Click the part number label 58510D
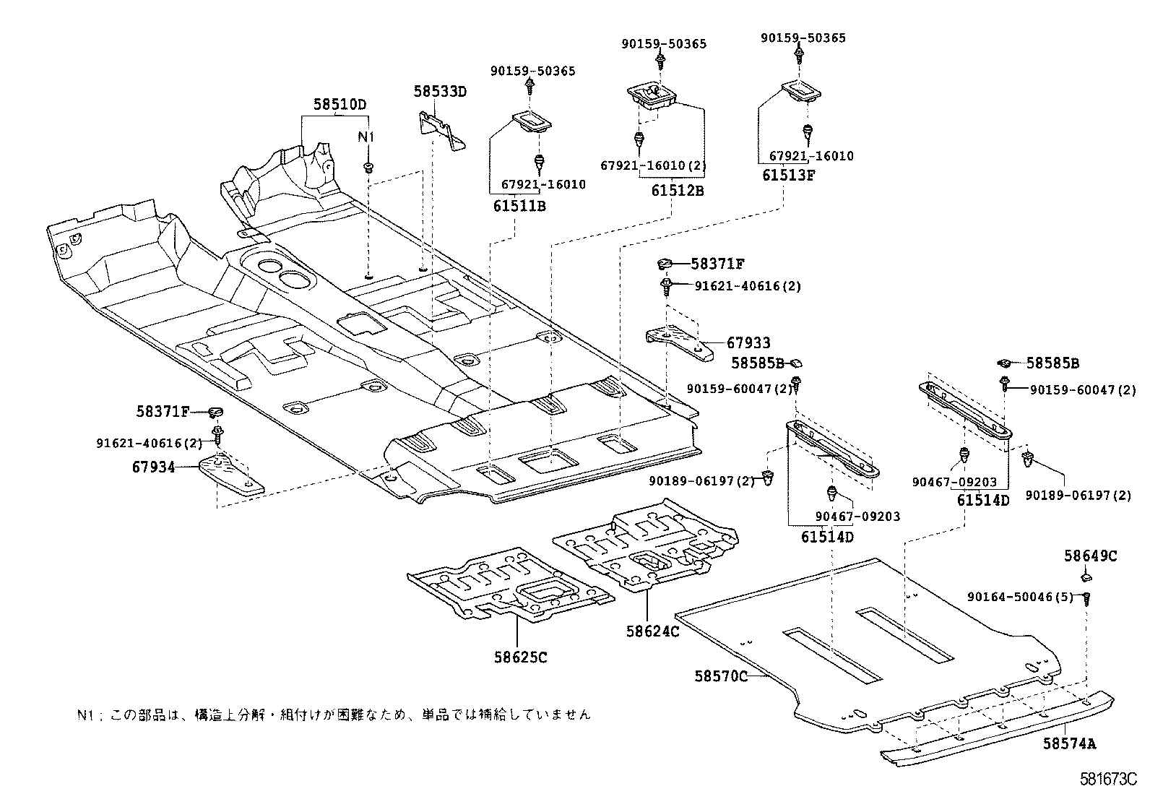pos(339,105)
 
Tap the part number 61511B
pos(519,206)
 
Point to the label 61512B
pos(677,191)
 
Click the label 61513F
pos(788,174)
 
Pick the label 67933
pos(748,343)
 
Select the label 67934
pos(153,467)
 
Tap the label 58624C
pos(652,631)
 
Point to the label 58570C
pos(721,676)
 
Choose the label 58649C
pos(1090,556)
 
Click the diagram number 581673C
pos(1108,780)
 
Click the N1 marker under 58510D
pos(368,137)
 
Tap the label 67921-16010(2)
pos(653,165)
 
